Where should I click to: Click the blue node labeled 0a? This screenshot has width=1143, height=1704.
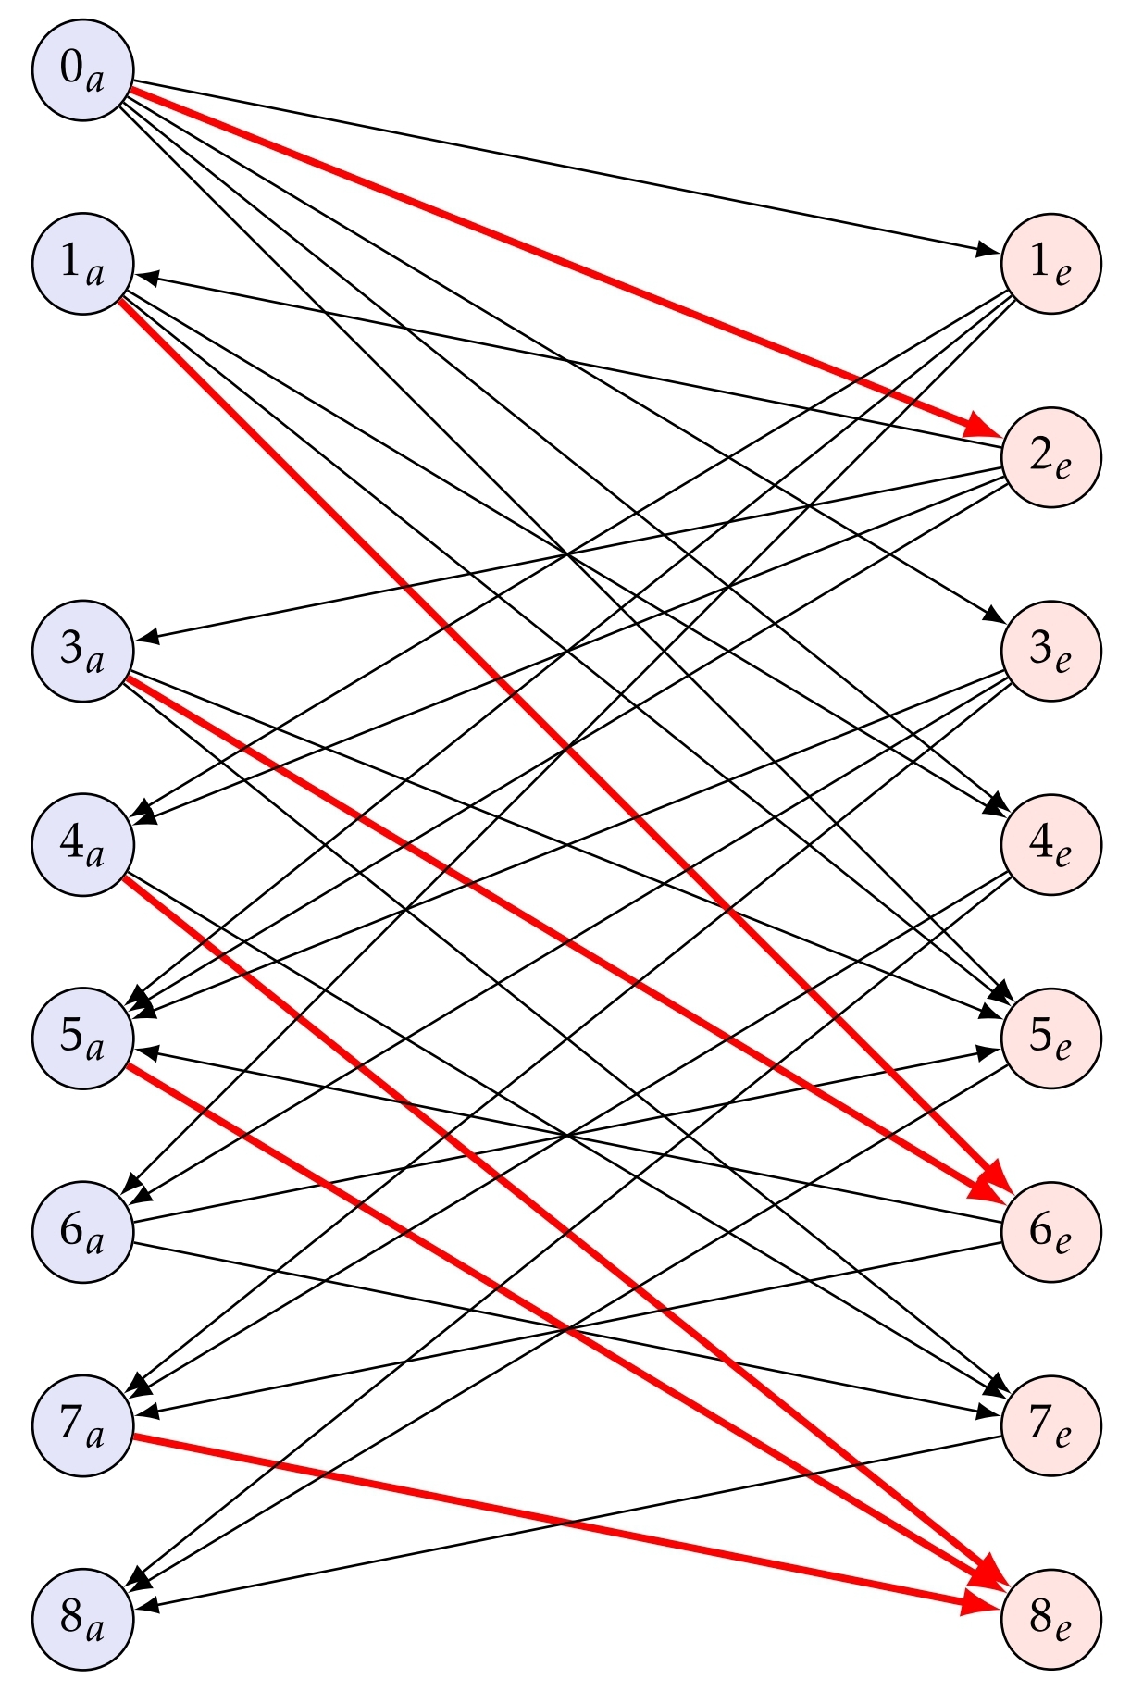83,70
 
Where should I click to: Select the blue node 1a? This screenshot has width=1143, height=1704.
83,264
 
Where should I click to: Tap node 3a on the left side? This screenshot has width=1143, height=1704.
83,651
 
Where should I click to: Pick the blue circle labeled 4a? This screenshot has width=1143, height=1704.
83,844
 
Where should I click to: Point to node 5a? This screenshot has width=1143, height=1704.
83,1038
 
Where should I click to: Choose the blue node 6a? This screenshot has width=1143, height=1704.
83,1231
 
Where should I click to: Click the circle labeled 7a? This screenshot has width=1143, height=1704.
83,1424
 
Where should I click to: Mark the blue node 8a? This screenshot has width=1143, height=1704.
83,1618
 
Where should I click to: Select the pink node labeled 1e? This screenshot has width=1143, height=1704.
1051,264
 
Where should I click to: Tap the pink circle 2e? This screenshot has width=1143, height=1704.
1051,457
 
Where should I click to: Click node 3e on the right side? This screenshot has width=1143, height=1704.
1051,651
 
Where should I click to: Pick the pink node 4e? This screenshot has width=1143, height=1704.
1051,844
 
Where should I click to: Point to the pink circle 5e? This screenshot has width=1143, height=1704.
1051,1038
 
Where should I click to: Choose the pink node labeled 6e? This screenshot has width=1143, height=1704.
1051,1231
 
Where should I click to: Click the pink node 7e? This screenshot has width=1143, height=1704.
1051,1424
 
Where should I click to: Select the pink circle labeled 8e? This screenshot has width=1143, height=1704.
1051,1618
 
